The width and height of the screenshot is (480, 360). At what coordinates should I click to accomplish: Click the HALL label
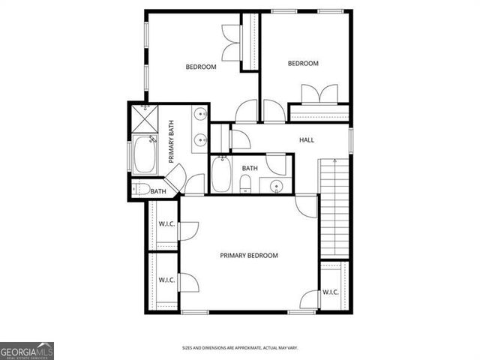pos(307,140)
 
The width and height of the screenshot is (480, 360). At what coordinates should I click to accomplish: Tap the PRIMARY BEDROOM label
pos(249,256)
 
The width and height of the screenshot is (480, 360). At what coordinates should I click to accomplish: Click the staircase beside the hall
pos(334,206)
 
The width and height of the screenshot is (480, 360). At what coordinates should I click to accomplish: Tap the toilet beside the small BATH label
pos(142,190)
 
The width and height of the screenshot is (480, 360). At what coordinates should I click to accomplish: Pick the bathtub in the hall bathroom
pos(221,175)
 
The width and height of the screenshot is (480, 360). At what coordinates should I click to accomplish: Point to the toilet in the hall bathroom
pos(245,183)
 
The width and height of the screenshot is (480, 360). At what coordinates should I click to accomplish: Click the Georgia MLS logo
pos(27,351)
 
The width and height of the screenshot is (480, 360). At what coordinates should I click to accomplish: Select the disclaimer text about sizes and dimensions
pos(240,348)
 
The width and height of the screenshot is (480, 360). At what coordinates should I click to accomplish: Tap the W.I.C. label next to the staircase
pos(331,292)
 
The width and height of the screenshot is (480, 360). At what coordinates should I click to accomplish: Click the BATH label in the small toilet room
pos(158,192)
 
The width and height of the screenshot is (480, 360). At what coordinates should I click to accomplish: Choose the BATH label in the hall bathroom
pos(250,168)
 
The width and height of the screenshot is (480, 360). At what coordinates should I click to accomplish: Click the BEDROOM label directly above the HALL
pos(304,64)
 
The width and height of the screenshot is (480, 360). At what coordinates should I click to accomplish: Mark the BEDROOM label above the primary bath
pos(201,67)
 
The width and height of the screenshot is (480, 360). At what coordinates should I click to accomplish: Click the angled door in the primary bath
pos(174,178)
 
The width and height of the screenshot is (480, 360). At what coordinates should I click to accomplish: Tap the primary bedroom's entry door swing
pos(306,205)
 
